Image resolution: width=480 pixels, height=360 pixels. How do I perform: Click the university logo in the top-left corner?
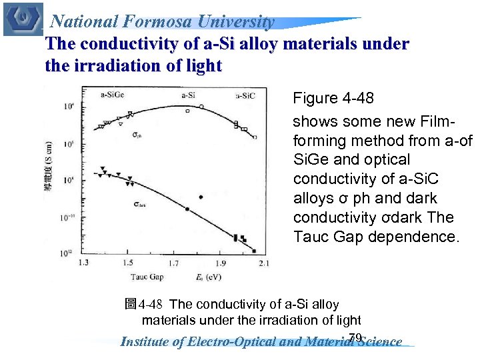[x=23, y=19]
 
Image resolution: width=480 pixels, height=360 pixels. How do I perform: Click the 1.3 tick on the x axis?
[x=84, y=263]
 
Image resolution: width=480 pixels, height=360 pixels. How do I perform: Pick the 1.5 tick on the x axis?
[x=127, y=263]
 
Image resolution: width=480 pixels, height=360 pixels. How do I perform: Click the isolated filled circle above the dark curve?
[x=201, y=197]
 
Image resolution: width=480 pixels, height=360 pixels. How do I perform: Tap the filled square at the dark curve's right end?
[x=254, y=251]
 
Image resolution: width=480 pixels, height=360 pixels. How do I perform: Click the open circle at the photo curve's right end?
[x=255, y=137]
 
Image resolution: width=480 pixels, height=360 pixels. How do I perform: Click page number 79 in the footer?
[x=355, y=337]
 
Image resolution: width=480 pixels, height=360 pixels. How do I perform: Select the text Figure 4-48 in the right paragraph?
[x=333, y=99]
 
